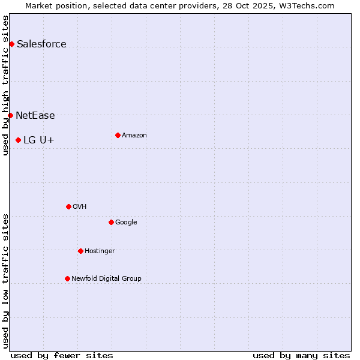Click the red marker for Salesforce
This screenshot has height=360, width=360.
(x=11, y=44)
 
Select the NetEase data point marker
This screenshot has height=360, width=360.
(x=10, y=115)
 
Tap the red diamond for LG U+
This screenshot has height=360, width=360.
(x=18, y=140)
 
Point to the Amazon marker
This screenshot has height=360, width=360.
(x=118, y=135)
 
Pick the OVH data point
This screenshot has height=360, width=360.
(x=68, y=206)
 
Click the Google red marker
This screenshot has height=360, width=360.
(x=111, y=222)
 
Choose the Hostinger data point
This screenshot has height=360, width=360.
(x=80, y=251)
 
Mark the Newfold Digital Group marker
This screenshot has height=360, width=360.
(x=67, y=278)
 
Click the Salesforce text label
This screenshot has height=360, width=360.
(x=41, y=44)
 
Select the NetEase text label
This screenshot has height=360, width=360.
(x=35, y=115)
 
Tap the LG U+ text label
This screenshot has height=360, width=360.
(x=39, y=140)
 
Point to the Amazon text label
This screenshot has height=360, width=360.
(x=134, y=135)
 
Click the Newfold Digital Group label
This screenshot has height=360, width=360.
(x=106, y=278)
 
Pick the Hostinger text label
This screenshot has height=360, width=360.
(x=100, y=251)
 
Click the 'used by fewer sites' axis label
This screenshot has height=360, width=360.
(x=62, y=355)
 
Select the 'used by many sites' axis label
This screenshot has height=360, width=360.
(x=301, y=355)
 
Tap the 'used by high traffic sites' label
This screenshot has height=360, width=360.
(x=5, y=85)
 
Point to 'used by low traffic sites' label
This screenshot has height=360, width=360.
(x=5, y=281)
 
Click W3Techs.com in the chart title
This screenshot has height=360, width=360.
(x=306, y=5)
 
